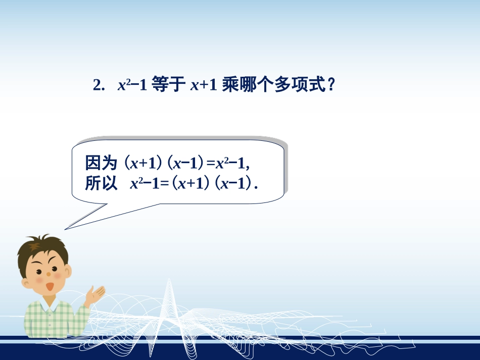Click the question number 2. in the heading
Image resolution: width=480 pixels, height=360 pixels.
[x=99, y=85]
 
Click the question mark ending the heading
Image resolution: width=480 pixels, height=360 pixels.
[x=331, y=85]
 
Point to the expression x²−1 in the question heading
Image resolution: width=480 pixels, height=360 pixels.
[x=131, y=85]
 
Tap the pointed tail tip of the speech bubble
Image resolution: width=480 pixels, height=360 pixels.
[x=66, y=229]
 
